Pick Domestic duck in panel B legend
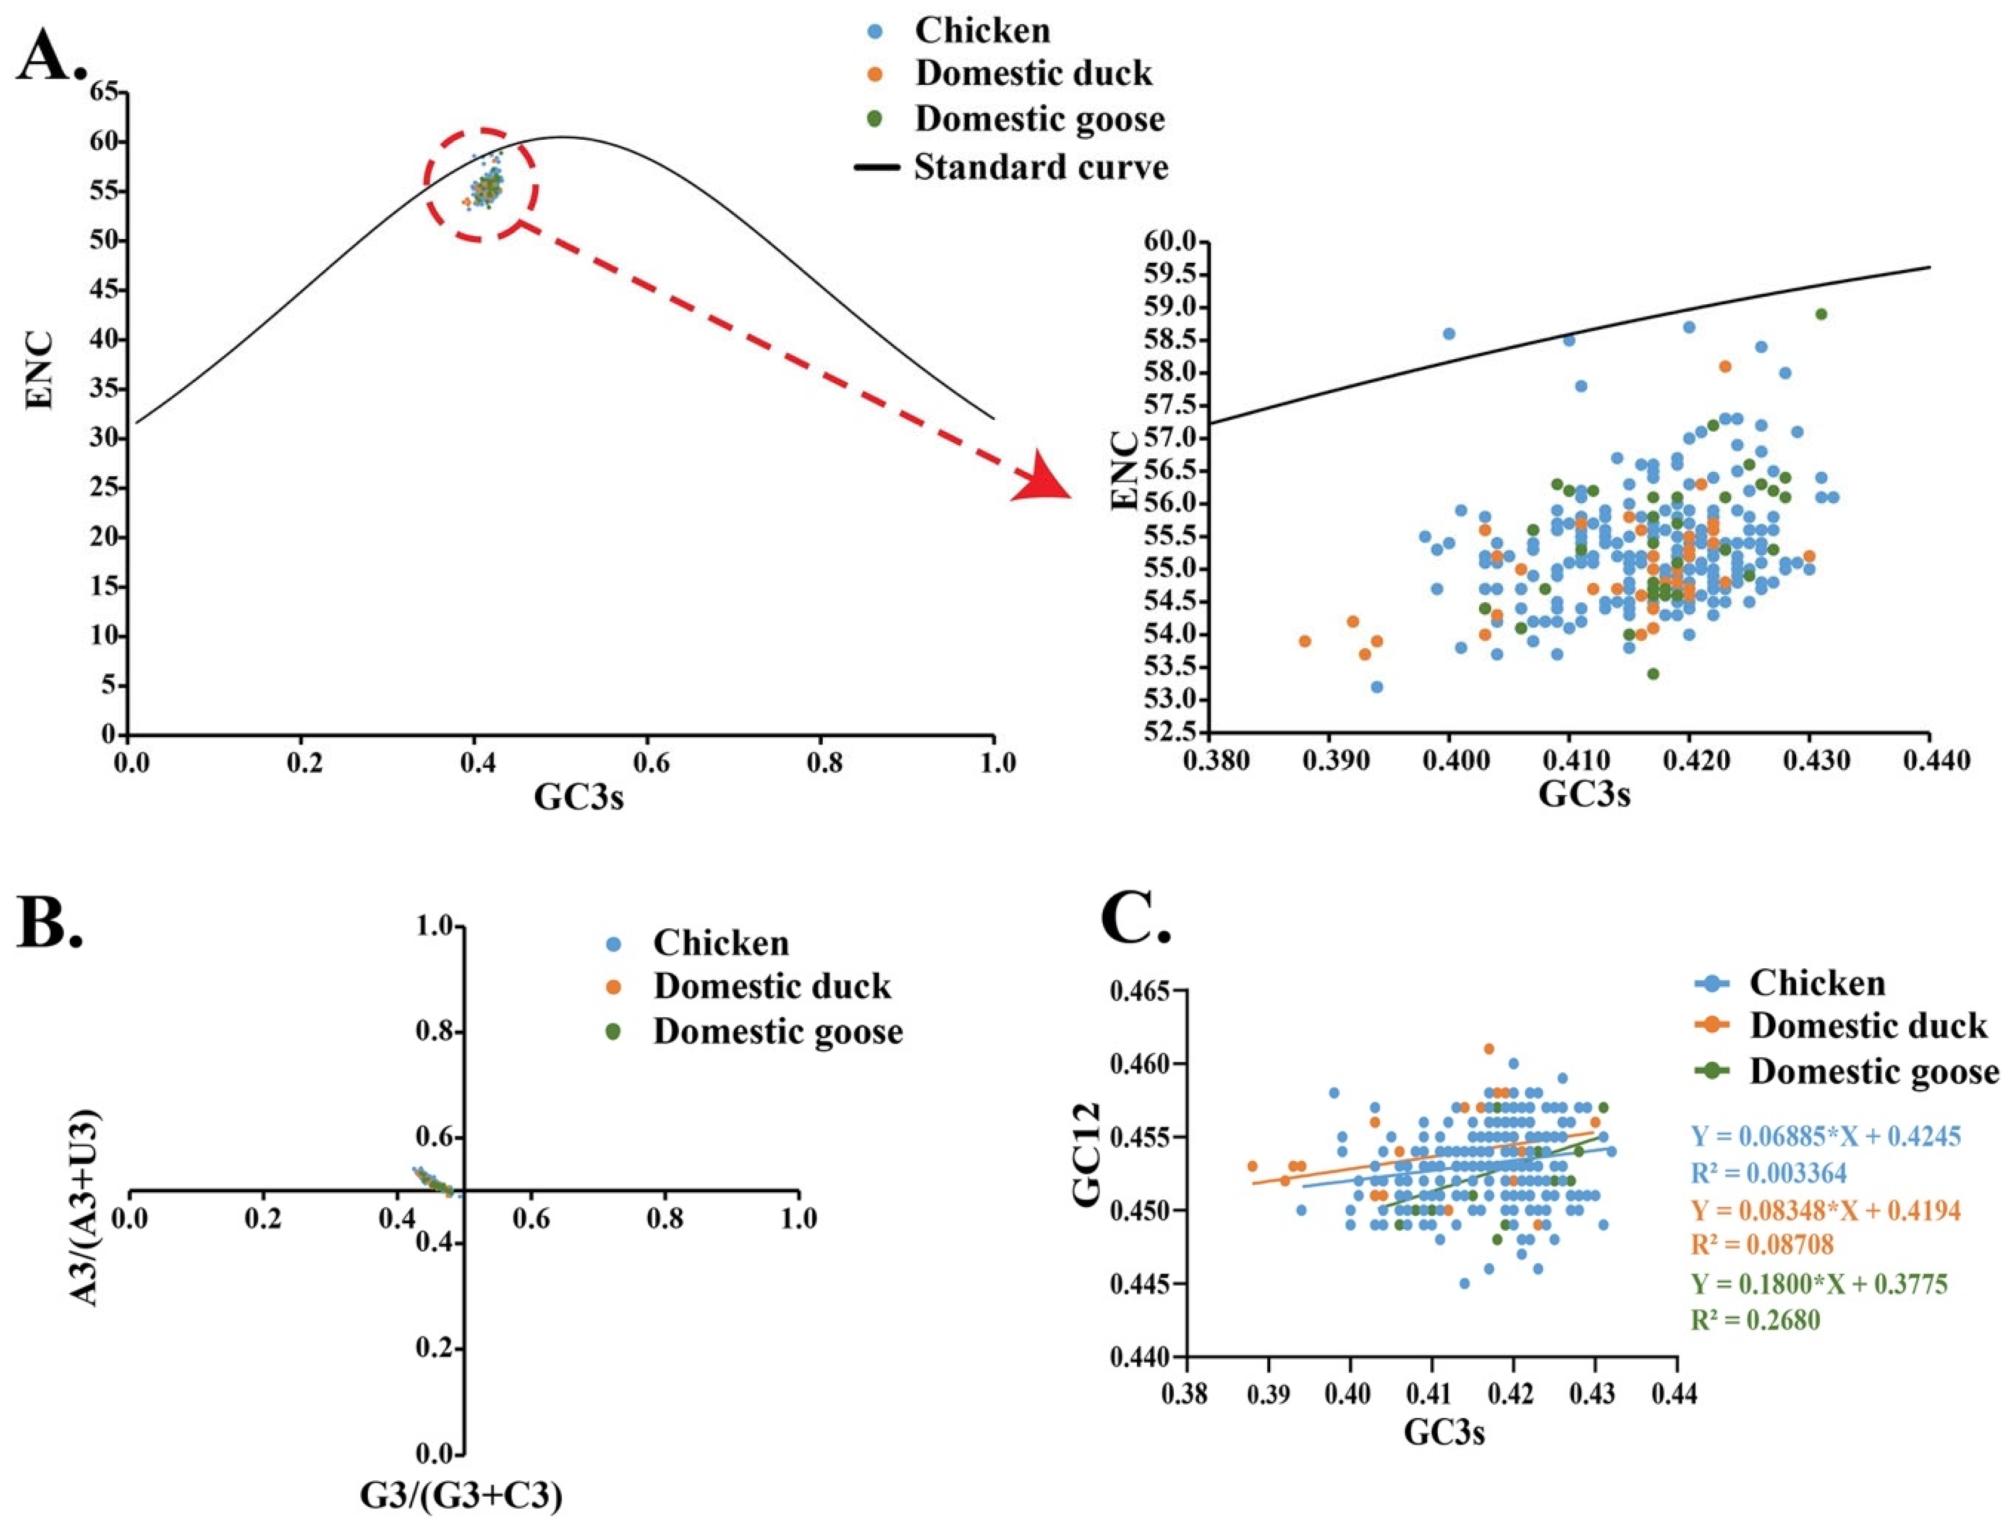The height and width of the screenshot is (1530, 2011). (771, 986)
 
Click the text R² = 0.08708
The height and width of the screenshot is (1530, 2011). (1762, 1245)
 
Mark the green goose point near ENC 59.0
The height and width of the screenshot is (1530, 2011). (1820, 314)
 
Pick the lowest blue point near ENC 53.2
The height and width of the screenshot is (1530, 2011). (1377, 686)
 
